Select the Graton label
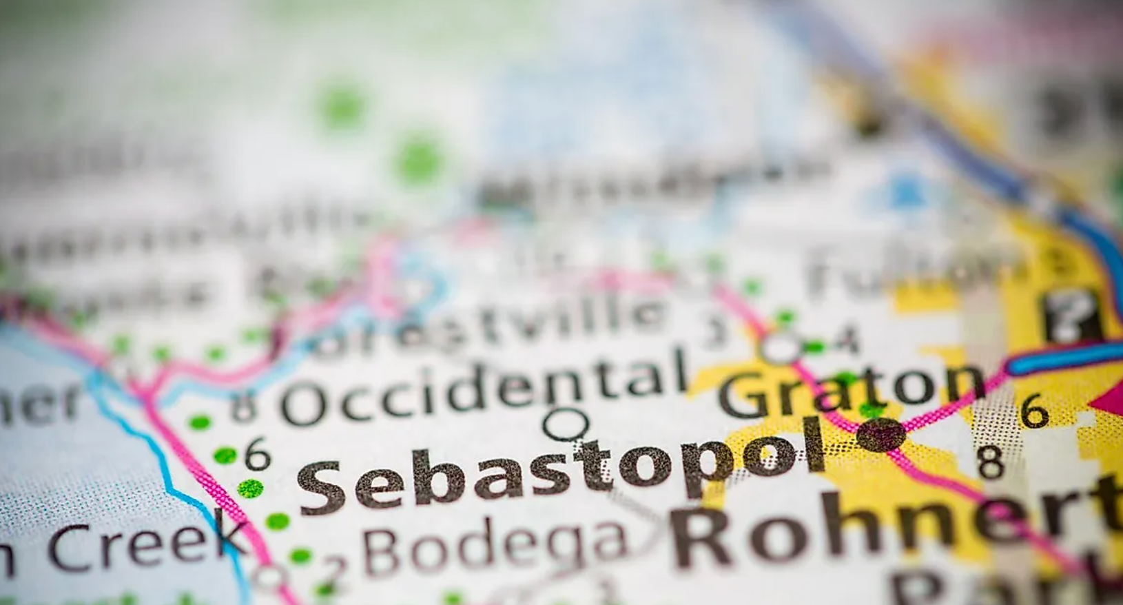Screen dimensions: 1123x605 click(x=851, y=391)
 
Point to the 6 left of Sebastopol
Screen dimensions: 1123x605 click(x=257, y=455)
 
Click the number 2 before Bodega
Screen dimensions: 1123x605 click(x=336, y=566)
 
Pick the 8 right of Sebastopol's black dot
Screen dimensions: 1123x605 click(x=991, y=462)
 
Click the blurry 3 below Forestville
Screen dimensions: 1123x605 click(x=717, y=331)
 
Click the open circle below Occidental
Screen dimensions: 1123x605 click(x=566, y=423)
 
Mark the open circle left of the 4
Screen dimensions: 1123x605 click(x=781, y=349)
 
